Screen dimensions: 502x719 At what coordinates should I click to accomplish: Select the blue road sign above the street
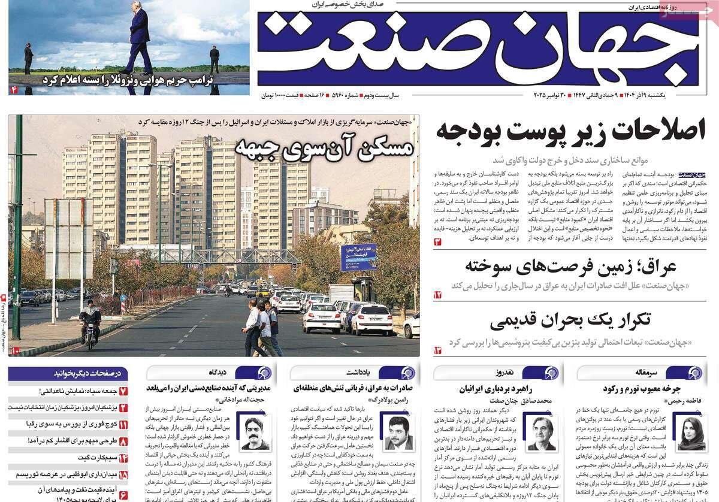click(x=358, y=257)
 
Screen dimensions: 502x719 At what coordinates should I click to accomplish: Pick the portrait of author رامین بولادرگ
click(x=398, y=432)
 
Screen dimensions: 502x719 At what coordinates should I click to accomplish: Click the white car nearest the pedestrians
click(x=322, y=317)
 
